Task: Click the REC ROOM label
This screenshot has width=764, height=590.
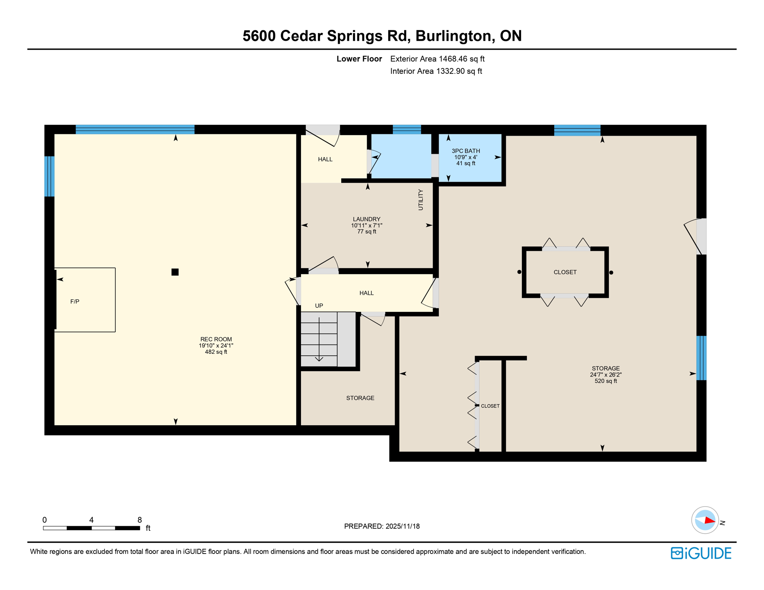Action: click(x=216, y=340)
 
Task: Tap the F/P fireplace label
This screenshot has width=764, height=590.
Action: click(x=75, y=302)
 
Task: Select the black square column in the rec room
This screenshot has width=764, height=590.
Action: click(x=175, y=272)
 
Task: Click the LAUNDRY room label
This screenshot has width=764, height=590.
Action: click(x=367, y=219)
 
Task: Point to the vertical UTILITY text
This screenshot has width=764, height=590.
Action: click(x=420, y=200)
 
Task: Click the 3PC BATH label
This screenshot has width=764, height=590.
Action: click(x=466, y=151)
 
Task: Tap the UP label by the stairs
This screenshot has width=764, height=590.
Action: click(x=319, y=306)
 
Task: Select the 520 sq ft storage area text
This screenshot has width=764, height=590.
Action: click(x=606, y=381)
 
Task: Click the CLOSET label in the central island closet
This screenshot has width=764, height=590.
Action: click(x=565, y=272)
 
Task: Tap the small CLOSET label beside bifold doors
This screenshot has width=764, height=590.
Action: click(x=490, y=406)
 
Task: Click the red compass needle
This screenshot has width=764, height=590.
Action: click(x=709, y=521)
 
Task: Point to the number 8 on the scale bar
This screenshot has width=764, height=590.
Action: click(x=140, y=520)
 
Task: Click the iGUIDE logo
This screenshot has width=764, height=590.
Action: click(x=701, y=553)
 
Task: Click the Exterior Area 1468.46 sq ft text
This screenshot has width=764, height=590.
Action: click(x=437, y=59)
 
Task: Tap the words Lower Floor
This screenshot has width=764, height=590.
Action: click(x=359, y=59)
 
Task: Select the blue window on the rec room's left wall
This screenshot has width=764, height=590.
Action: click(x=49, y=176)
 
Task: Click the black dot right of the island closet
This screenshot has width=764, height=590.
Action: click(x=611, y=273)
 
